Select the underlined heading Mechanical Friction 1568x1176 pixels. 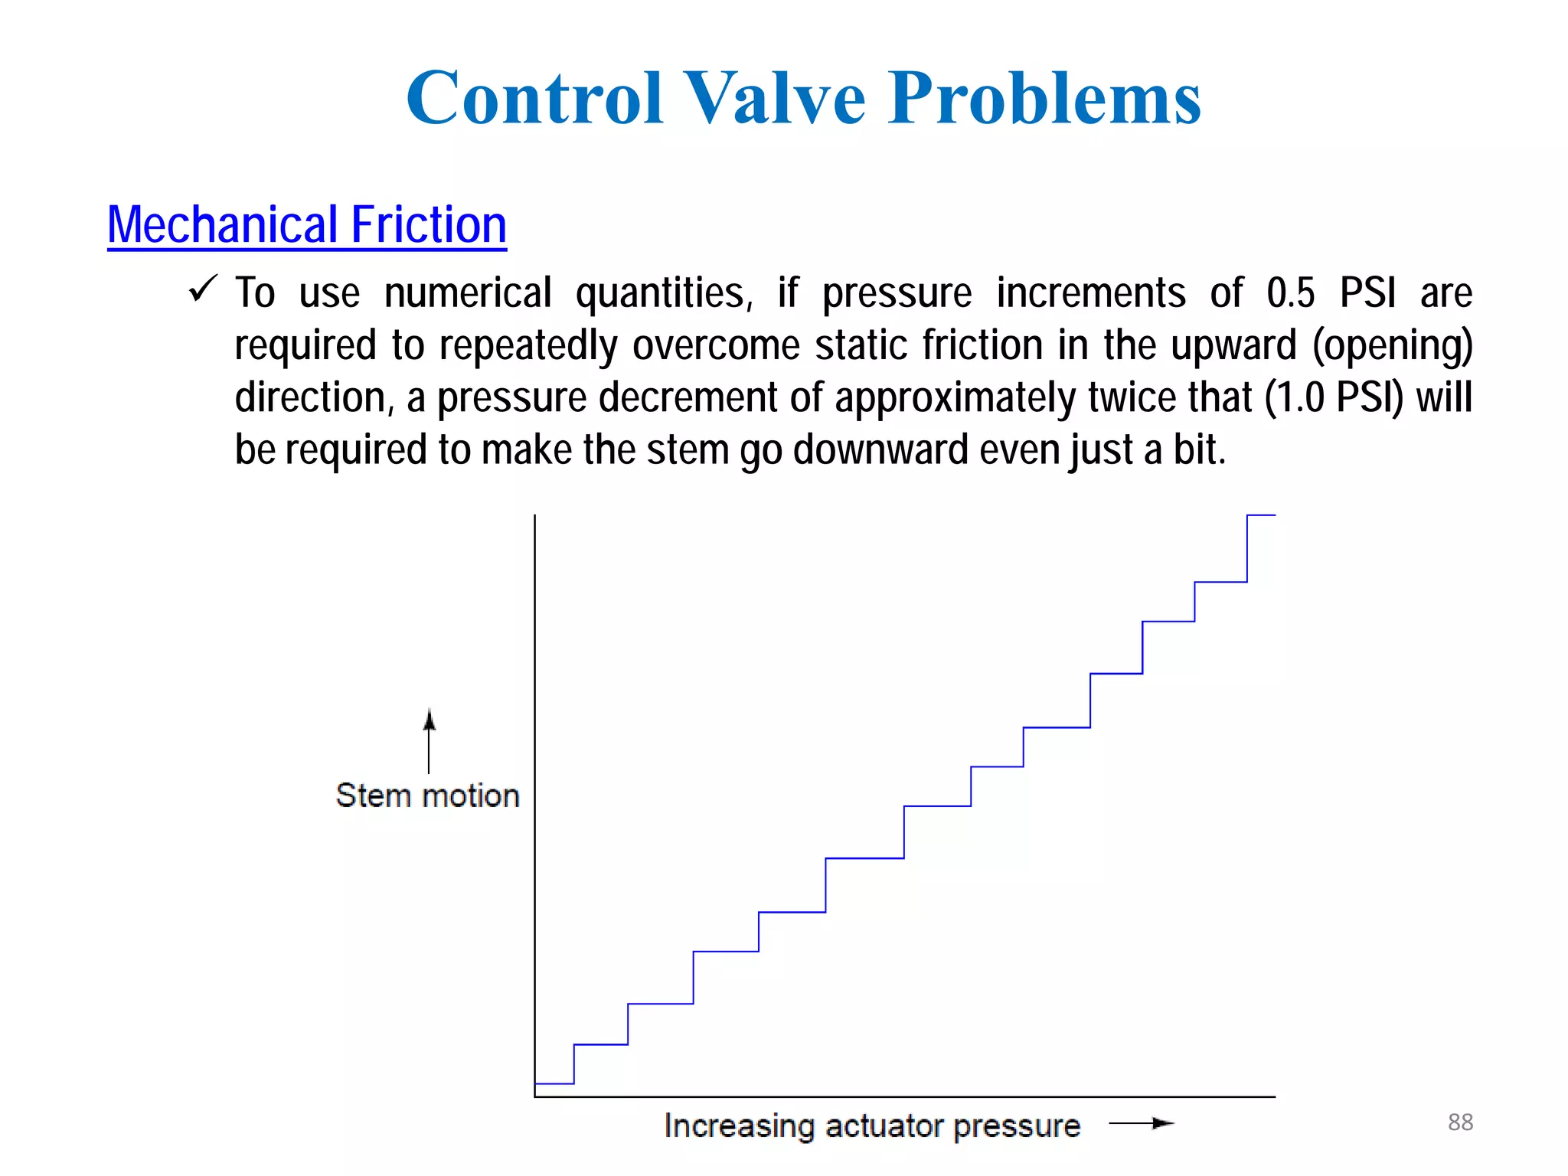(307, 225)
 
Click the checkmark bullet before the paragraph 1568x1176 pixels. (203, 289)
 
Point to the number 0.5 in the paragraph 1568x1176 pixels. (1291, 293)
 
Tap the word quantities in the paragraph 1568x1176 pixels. (664, 293)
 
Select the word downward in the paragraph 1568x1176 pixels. (880, 449)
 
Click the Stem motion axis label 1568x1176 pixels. (427, 795)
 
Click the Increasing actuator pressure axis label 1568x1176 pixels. (871, 1125)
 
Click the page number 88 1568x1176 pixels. (1460, 1122)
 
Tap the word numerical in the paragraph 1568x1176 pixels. (468, 293)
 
